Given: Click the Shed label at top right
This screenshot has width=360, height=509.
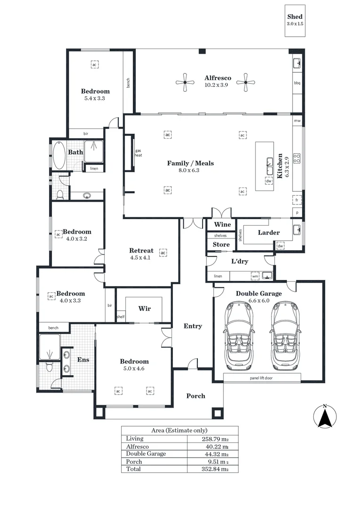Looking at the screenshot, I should pyautogui.click(x=295, y=17).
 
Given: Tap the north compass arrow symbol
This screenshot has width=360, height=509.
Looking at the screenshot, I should pyautogui.click(x=325, y=417).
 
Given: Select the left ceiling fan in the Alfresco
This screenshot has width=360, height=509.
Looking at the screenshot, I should pyautogui.click(x=186, y=83).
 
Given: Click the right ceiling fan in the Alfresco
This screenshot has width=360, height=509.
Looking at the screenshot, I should pyautogui.click(x=245, y=83).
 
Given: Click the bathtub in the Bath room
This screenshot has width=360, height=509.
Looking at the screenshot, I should pyautogui.click(x=60, y=155).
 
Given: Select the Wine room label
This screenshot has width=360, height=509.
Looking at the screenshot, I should pyautogui.click(x=222, y=224).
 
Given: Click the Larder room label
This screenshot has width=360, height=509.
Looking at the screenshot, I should pyautogui.click(x=269, y=232).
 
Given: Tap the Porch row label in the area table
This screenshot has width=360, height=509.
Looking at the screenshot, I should pyautogui.click(x=134, y=461).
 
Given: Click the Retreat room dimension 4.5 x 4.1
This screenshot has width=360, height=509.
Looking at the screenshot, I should pyautogui.click(x=140, y=258).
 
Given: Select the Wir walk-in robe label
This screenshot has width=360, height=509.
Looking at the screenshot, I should pyautogui.click(x=144, y=309).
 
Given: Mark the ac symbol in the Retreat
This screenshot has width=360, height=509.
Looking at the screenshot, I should pyautogui.click(x=163, y=253).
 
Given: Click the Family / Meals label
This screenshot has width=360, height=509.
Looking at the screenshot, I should pyautogui.click(x=190, y=163).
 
